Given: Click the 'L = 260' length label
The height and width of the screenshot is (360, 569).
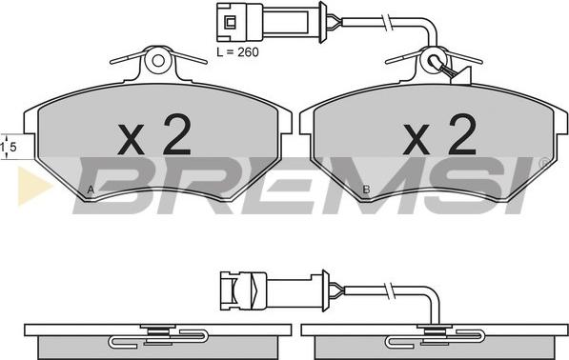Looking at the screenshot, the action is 237,52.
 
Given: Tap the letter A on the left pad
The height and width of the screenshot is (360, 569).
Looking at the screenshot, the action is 91,190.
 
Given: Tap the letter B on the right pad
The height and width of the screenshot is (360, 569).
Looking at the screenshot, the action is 367,190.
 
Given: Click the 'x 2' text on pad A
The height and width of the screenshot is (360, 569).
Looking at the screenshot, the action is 154,135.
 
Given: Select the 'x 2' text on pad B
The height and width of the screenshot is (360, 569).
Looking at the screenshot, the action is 439,135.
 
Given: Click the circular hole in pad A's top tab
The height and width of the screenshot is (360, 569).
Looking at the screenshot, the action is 158,61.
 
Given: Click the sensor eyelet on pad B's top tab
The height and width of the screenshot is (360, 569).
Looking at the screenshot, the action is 434,61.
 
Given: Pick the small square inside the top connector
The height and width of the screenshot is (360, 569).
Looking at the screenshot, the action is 230,23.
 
